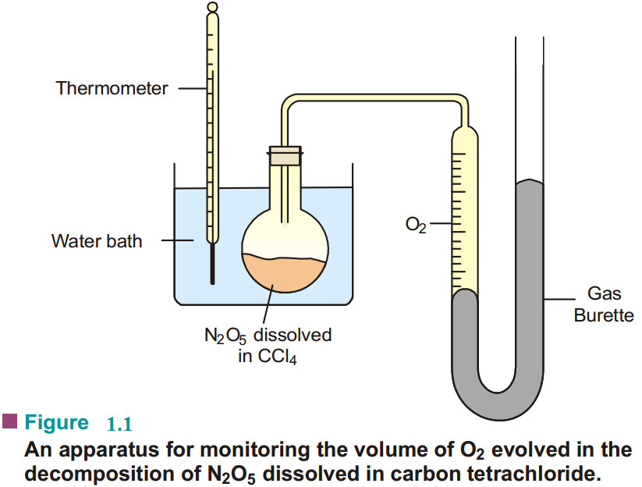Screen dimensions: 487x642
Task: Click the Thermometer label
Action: coord(112,88)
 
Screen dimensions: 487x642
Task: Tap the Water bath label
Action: coord(97,241)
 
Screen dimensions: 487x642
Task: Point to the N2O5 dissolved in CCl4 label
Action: coord(268,346)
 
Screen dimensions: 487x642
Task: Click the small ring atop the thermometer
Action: coord(213,8)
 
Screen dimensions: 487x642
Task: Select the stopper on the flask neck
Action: coord(285,155)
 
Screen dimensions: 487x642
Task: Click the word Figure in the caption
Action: coord(57,423)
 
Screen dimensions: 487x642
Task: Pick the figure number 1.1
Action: coord(119,425)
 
